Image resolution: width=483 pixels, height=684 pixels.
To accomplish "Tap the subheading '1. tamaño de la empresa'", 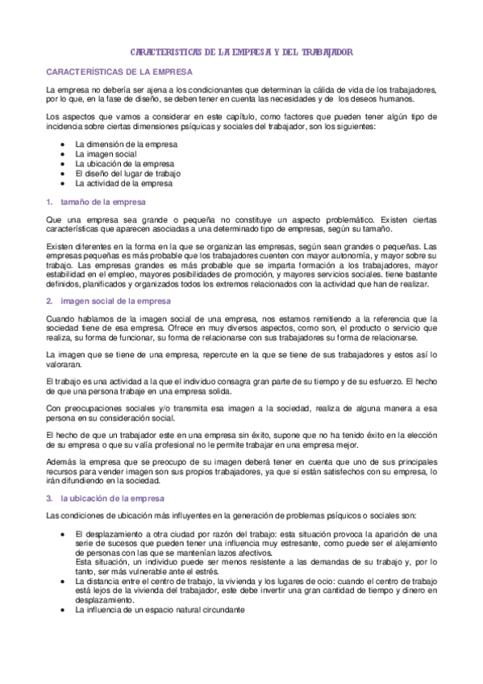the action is (97, 202).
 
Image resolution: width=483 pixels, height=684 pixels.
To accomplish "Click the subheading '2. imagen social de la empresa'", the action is (108, 300).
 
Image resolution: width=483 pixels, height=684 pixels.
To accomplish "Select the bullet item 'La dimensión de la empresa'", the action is (126, 144).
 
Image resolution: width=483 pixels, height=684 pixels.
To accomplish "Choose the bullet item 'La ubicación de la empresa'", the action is (125, 164).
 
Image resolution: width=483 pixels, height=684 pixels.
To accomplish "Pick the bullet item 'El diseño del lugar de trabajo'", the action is (127, 173).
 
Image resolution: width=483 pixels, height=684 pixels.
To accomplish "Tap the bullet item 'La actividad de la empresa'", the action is (124, 183).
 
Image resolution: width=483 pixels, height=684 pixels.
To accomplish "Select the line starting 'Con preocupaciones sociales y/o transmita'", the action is (241, 408).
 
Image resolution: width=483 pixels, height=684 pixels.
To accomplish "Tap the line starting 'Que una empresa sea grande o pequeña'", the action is (241, 219).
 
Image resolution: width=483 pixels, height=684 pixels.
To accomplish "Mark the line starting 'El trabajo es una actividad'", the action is (241, 381).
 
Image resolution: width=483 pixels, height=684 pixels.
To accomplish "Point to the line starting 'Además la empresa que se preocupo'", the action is (241, 458).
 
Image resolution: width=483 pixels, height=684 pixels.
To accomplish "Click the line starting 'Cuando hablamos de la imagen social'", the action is (241, 318).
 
